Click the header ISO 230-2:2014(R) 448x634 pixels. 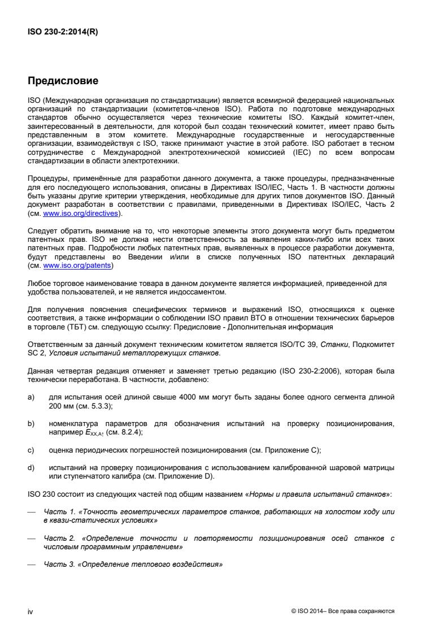(62, 32)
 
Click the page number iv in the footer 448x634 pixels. (31, 611)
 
